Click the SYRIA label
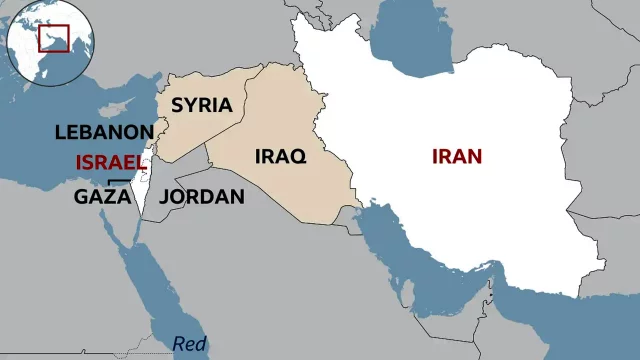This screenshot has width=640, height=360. click(x=201, y=105)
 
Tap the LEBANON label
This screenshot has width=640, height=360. click(x=104, y=132)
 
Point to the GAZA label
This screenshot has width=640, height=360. click(x=102, y=197)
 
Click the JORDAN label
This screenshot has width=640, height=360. click(x=202, y=197)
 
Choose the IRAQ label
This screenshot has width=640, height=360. click(x=281, y=157)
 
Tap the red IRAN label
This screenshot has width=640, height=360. click(x=457, y=157)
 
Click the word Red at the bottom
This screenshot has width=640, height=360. click(x=189, y=344)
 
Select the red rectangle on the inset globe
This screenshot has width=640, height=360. click(x=53, y=38)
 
